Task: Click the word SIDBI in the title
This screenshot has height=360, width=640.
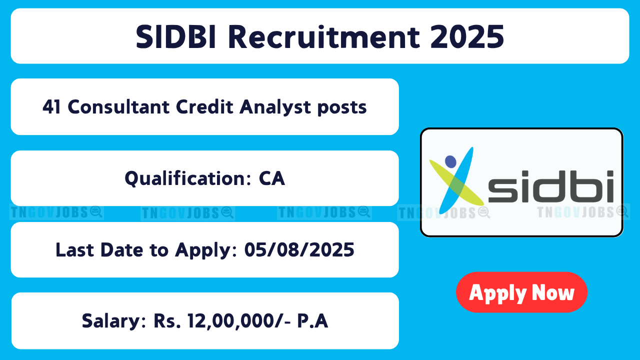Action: click(175, 37)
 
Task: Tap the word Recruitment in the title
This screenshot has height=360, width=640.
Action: click(324, 37)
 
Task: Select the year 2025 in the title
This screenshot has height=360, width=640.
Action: click(467, 37)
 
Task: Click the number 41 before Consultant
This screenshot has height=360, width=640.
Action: click(51, 107)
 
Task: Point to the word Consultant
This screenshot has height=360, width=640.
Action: click(118, 107)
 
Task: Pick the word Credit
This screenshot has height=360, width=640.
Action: click(204, 107)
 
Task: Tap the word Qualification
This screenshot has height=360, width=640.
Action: click(188, 178)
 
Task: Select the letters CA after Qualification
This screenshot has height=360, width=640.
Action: click(271, 178)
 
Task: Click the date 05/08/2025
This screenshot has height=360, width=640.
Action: click(299, 249)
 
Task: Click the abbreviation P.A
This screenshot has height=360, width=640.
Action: click(312, 321)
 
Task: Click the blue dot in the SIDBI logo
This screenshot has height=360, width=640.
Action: click(450, 161)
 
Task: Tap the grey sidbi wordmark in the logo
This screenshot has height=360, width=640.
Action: click(550, 186)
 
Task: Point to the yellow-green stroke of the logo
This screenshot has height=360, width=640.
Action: click(456, 183)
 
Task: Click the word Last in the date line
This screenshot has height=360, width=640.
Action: click(75, 249)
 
